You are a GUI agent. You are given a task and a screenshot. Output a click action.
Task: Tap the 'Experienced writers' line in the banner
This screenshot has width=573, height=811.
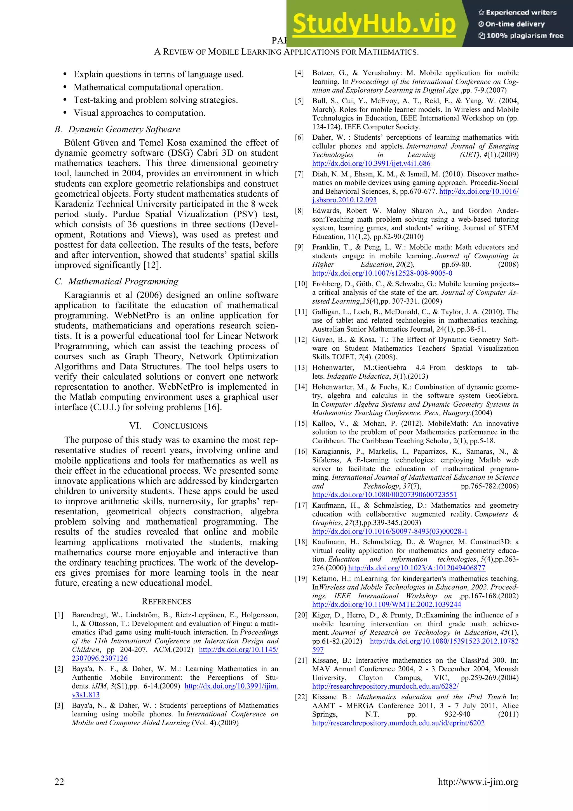click(517, 13)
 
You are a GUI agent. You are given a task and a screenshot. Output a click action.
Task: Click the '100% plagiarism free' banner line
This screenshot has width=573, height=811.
click(521, 36)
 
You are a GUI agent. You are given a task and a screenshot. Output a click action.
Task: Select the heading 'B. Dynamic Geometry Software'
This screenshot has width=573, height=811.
click(117, 129)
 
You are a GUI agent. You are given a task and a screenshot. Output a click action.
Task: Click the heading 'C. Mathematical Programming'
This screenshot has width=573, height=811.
click(116, 282)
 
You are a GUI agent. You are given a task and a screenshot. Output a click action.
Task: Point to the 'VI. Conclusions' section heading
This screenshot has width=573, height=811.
click(168, 426)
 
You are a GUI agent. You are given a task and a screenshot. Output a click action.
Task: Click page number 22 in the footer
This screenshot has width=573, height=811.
click(59, 781)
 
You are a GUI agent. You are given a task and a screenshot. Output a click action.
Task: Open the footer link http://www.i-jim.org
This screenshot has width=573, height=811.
click(478, 782)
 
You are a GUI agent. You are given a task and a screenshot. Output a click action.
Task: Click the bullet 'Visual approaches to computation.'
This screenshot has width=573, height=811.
click(139, 113)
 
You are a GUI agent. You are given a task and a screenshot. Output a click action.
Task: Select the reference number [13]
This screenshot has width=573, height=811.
click(301, 368)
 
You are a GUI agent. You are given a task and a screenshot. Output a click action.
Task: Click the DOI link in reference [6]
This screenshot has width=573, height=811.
click(371, 163)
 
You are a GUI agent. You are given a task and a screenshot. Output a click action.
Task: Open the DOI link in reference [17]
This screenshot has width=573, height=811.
click(389, 531)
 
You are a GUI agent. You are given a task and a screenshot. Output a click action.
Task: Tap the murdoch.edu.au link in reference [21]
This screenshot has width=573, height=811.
click(385, 686)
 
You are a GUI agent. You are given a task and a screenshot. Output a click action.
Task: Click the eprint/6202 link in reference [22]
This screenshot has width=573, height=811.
click(398, 723)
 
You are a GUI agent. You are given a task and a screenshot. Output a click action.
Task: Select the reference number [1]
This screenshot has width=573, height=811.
click(59, 615)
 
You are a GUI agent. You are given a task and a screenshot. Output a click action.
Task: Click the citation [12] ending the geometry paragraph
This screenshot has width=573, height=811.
click(152, 265)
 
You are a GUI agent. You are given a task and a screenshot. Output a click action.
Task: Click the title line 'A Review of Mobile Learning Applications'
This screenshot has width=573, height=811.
click(286, 52)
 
